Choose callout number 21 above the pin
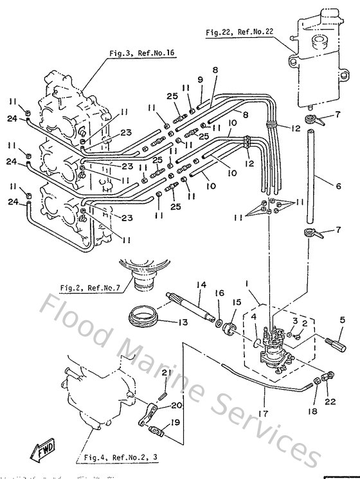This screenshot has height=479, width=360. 165,373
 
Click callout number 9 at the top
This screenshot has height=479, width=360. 200,79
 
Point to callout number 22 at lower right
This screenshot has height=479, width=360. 331,402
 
